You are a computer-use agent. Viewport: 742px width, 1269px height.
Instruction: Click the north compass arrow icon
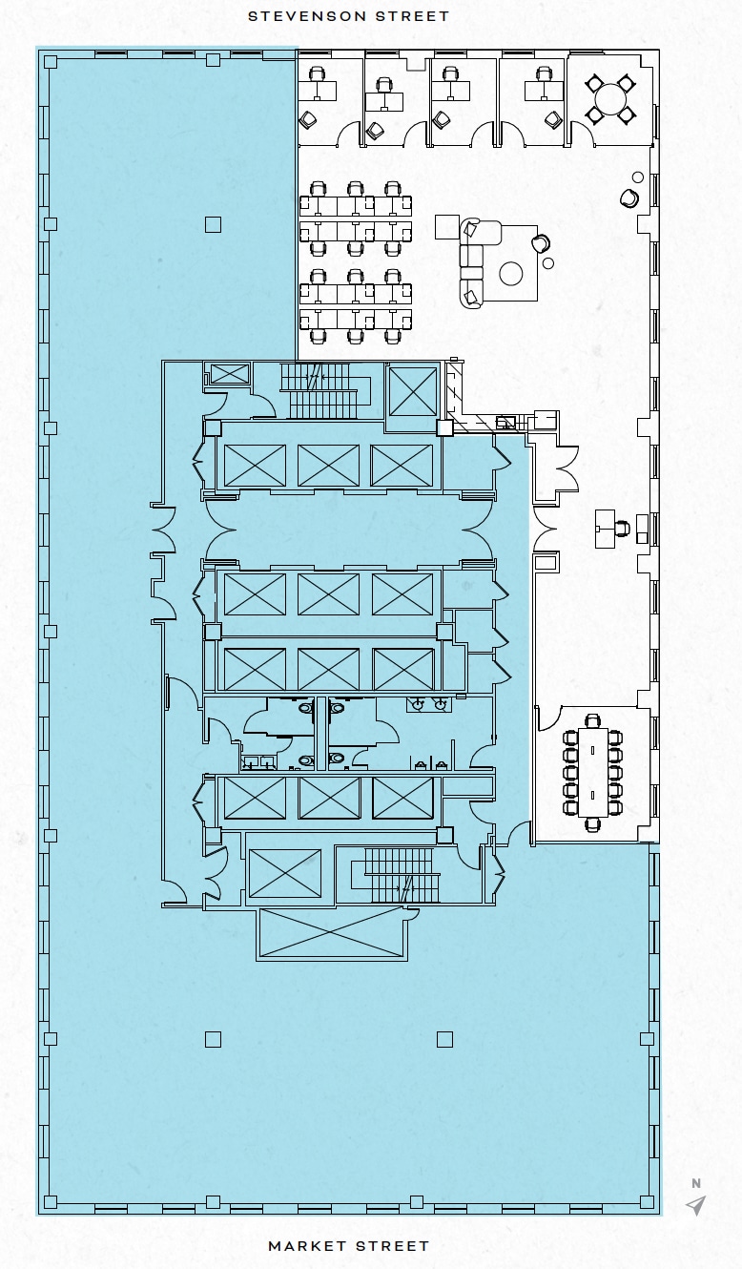[696, 1205]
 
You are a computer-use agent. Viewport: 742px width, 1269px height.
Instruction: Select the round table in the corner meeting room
[609, 98]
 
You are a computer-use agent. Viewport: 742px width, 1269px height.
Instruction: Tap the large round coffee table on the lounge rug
[511, 274]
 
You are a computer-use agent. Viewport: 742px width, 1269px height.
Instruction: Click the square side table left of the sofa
[447, 227]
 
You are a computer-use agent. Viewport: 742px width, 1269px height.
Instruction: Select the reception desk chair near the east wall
[624, 526]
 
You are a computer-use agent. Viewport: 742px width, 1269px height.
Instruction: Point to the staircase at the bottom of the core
[401, 876]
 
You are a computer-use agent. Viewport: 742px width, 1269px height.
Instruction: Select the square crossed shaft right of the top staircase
[413, 391]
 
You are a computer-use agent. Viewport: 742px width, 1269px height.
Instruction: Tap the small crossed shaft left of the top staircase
[229, 374]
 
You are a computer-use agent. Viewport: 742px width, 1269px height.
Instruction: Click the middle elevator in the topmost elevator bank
[328, 466]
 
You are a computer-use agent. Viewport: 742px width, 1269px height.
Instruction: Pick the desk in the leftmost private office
[318, 91]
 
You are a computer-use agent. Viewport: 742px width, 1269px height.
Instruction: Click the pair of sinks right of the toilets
[429, 705]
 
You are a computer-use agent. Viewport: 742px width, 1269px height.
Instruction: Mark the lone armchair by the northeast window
[629, 198]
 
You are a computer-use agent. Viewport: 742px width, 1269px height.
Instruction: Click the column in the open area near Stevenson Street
[213, 224]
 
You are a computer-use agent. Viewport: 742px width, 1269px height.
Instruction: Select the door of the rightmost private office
[510, 135]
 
